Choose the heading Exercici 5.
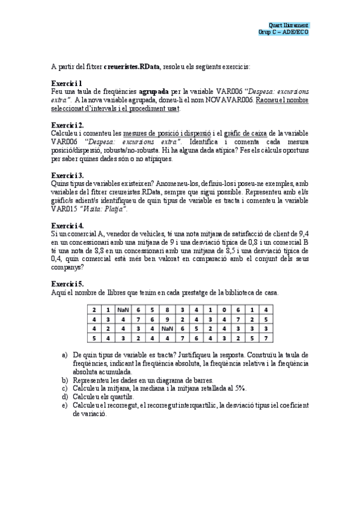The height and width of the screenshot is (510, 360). (x=67, y=283)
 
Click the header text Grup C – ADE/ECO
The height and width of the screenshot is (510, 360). (x=283, y=32)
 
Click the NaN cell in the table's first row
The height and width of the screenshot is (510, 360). (x=123, y=309)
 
